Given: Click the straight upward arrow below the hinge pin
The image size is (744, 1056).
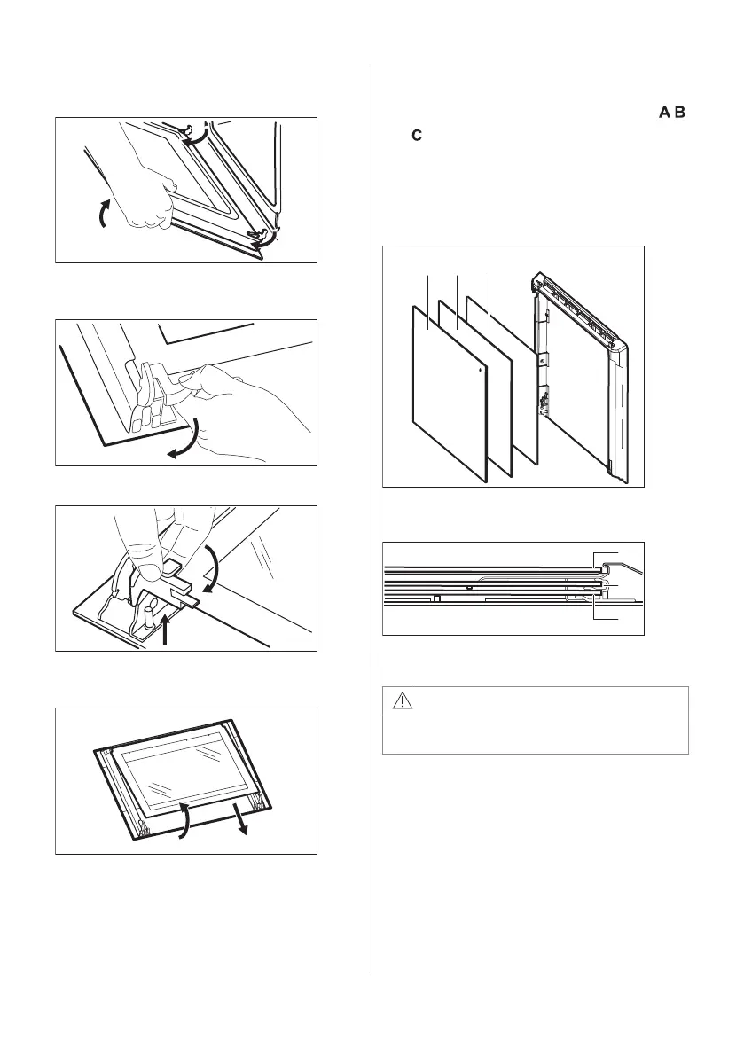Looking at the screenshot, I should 167,630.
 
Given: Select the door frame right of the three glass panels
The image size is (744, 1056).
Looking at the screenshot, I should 581,381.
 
